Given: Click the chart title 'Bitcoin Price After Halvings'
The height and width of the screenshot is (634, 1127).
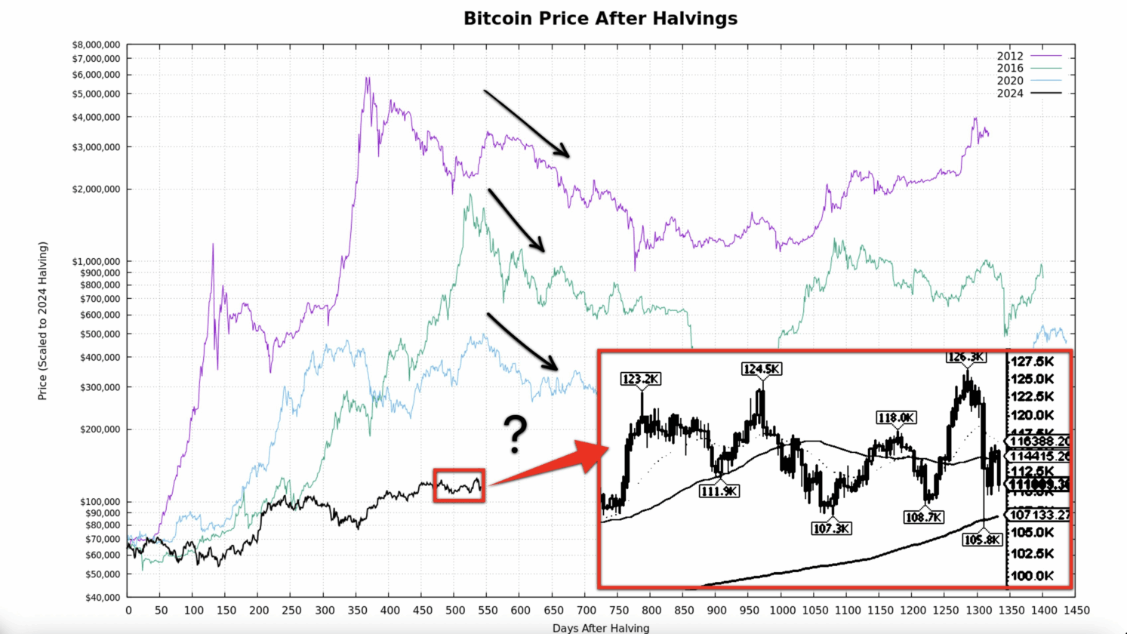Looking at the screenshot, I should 600,18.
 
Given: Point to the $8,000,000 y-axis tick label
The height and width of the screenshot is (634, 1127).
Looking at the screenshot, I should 96,45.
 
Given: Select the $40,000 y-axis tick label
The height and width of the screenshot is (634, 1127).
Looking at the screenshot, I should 101,598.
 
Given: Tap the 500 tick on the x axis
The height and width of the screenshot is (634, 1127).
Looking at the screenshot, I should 454,610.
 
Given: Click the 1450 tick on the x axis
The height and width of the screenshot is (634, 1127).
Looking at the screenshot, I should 1076,610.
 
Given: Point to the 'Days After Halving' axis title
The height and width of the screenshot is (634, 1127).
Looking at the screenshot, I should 600,628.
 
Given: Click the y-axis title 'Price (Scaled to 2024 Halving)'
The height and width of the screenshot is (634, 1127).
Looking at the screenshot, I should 43,321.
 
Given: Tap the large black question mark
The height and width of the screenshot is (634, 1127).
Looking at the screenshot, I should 516,435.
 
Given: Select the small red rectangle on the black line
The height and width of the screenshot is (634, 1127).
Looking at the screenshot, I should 459,485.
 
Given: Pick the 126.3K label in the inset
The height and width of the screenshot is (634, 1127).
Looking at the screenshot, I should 965,357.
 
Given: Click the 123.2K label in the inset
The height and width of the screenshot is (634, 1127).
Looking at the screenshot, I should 641,379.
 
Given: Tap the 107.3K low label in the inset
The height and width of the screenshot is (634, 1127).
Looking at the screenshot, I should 831,528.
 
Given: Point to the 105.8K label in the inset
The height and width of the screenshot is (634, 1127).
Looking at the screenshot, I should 982,540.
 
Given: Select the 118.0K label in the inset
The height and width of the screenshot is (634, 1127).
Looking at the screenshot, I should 896,417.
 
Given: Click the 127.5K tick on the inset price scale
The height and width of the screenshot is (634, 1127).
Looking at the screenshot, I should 1033,361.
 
